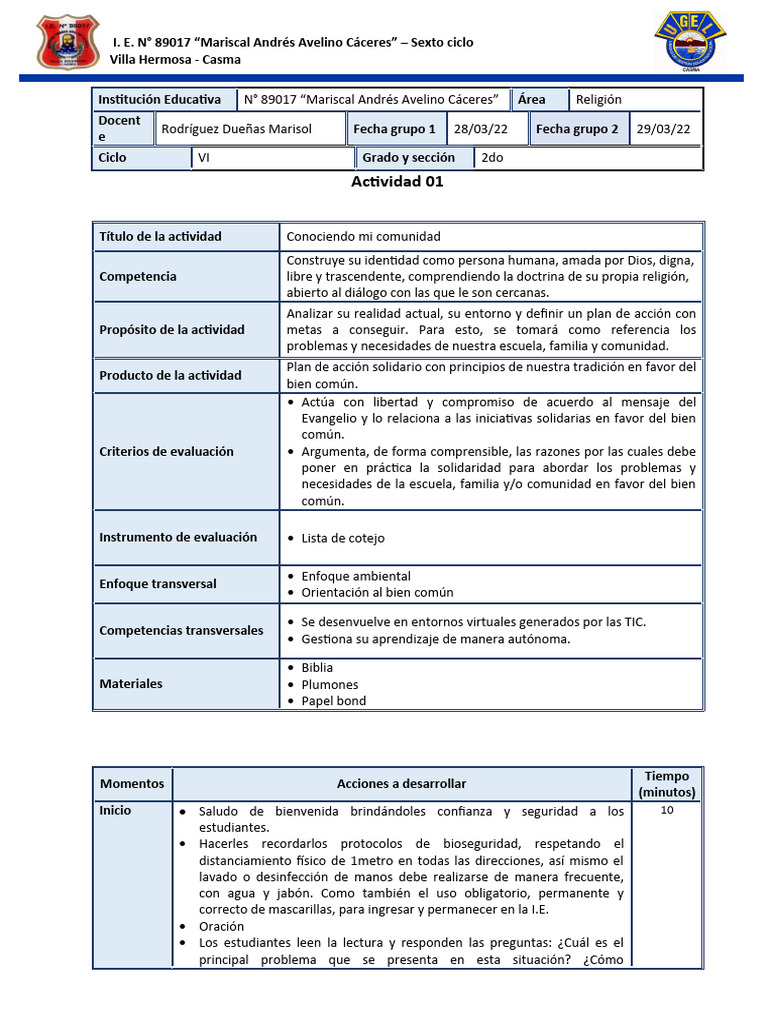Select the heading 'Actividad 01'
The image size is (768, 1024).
point(397,182)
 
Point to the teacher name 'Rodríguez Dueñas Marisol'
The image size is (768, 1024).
point(237,129)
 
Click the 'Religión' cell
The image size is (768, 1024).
point(598,99)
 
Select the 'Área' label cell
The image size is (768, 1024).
point(532,99)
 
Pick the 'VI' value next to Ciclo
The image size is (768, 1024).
point(205,158)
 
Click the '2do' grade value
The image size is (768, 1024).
point(492,158)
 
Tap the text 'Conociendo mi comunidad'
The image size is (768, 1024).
point(363,237)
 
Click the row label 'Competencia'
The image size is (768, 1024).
point(138,277)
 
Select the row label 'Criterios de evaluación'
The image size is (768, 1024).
point(166,452)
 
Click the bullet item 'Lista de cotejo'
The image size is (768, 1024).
point(342,538)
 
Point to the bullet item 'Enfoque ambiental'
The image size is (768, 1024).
point(355,577)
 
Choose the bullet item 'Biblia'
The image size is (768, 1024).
point(317,667)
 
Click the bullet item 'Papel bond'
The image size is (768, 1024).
point(333,701)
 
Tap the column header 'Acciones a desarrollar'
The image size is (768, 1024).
point(401,784)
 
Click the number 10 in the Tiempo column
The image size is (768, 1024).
point(667,811)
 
